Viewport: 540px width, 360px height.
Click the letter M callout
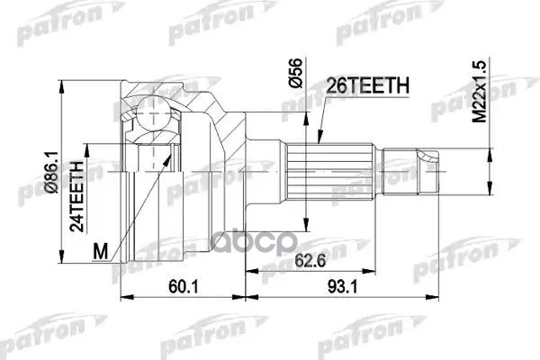(99, 248)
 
